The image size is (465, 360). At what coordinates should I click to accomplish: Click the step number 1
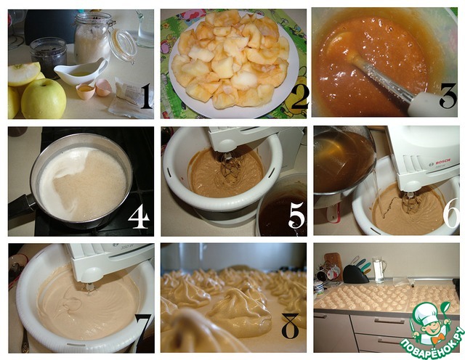point(146,96)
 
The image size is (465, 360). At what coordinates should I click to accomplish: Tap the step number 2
point(300,97)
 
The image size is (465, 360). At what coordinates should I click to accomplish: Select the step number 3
point(448,95)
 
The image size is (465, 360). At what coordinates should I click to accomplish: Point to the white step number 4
point(139,216)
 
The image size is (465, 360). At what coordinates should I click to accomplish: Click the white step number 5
point(296,215)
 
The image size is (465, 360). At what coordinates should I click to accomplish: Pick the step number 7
point(145,328)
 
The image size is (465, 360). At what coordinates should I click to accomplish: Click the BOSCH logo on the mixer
point(442,161)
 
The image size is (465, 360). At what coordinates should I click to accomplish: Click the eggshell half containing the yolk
point(86,91)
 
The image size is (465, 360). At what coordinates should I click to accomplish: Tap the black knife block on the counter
point(355,274)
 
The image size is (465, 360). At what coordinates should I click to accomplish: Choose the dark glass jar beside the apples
point(49,57)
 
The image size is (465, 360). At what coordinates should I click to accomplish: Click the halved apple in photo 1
point(23,73)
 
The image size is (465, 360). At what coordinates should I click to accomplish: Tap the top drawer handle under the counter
point(386,322)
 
